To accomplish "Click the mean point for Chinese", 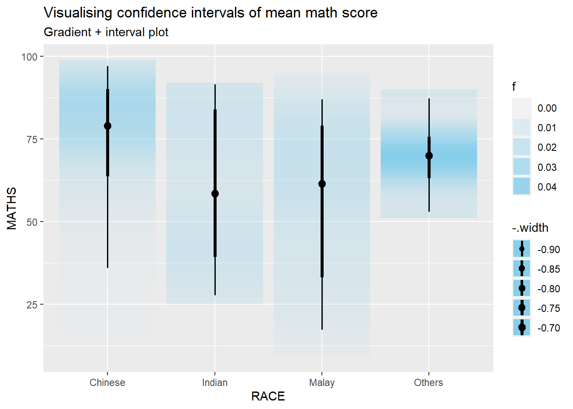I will coord(107,126).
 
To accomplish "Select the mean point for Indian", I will coord(215,193).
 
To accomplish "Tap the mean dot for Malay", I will coord(322,184).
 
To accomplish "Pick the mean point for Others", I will coord(429,156).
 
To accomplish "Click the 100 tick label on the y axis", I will coord(29,57).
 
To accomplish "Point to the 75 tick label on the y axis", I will coord(32,139).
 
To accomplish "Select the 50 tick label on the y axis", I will coord(32,222).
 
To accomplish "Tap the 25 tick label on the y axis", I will coord(32,305).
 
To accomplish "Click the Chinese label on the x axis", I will coord(107,383).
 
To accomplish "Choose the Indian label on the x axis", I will coord(215,383).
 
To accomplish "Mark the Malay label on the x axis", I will coord(322,383).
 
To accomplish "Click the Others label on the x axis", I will coord(428,383).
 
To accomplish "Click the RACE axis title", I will coord(268,396).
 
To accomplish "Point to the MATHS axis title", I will coord(12,208).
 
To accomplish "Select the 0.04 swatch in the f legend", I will coord(522,186).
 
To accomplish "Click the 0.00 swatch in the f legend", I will coord(522,107).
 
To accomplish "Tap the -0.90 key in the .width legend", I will coord(522,249).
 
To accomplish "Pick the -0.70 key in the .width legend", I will coord(522,328).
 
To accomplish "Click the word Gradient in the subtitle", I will coord(67,32).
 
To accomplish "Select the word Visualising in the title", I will coord(78,13).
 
